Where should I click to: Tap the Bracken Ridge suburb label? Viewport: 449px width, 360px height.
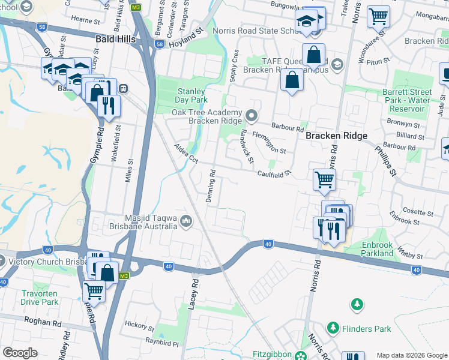point(336,136)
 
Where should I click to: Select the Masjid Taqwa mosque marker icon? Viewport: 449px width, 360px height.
point(185,222)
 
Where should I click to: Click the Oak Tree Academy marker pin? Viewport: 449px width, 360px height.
point(252,115)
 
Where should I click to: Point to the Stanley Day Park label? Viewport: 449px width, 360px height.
point(191,95)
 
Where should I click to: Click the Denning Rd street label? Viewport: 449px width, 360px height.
point(212,186)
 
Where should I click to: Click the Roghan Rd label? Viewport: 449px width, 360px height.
point(43,322)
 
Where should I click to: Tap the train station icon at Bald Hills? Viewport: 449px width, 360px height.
point(123,88)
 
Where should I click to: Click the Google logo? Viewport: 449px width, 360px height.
point(20,352)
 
